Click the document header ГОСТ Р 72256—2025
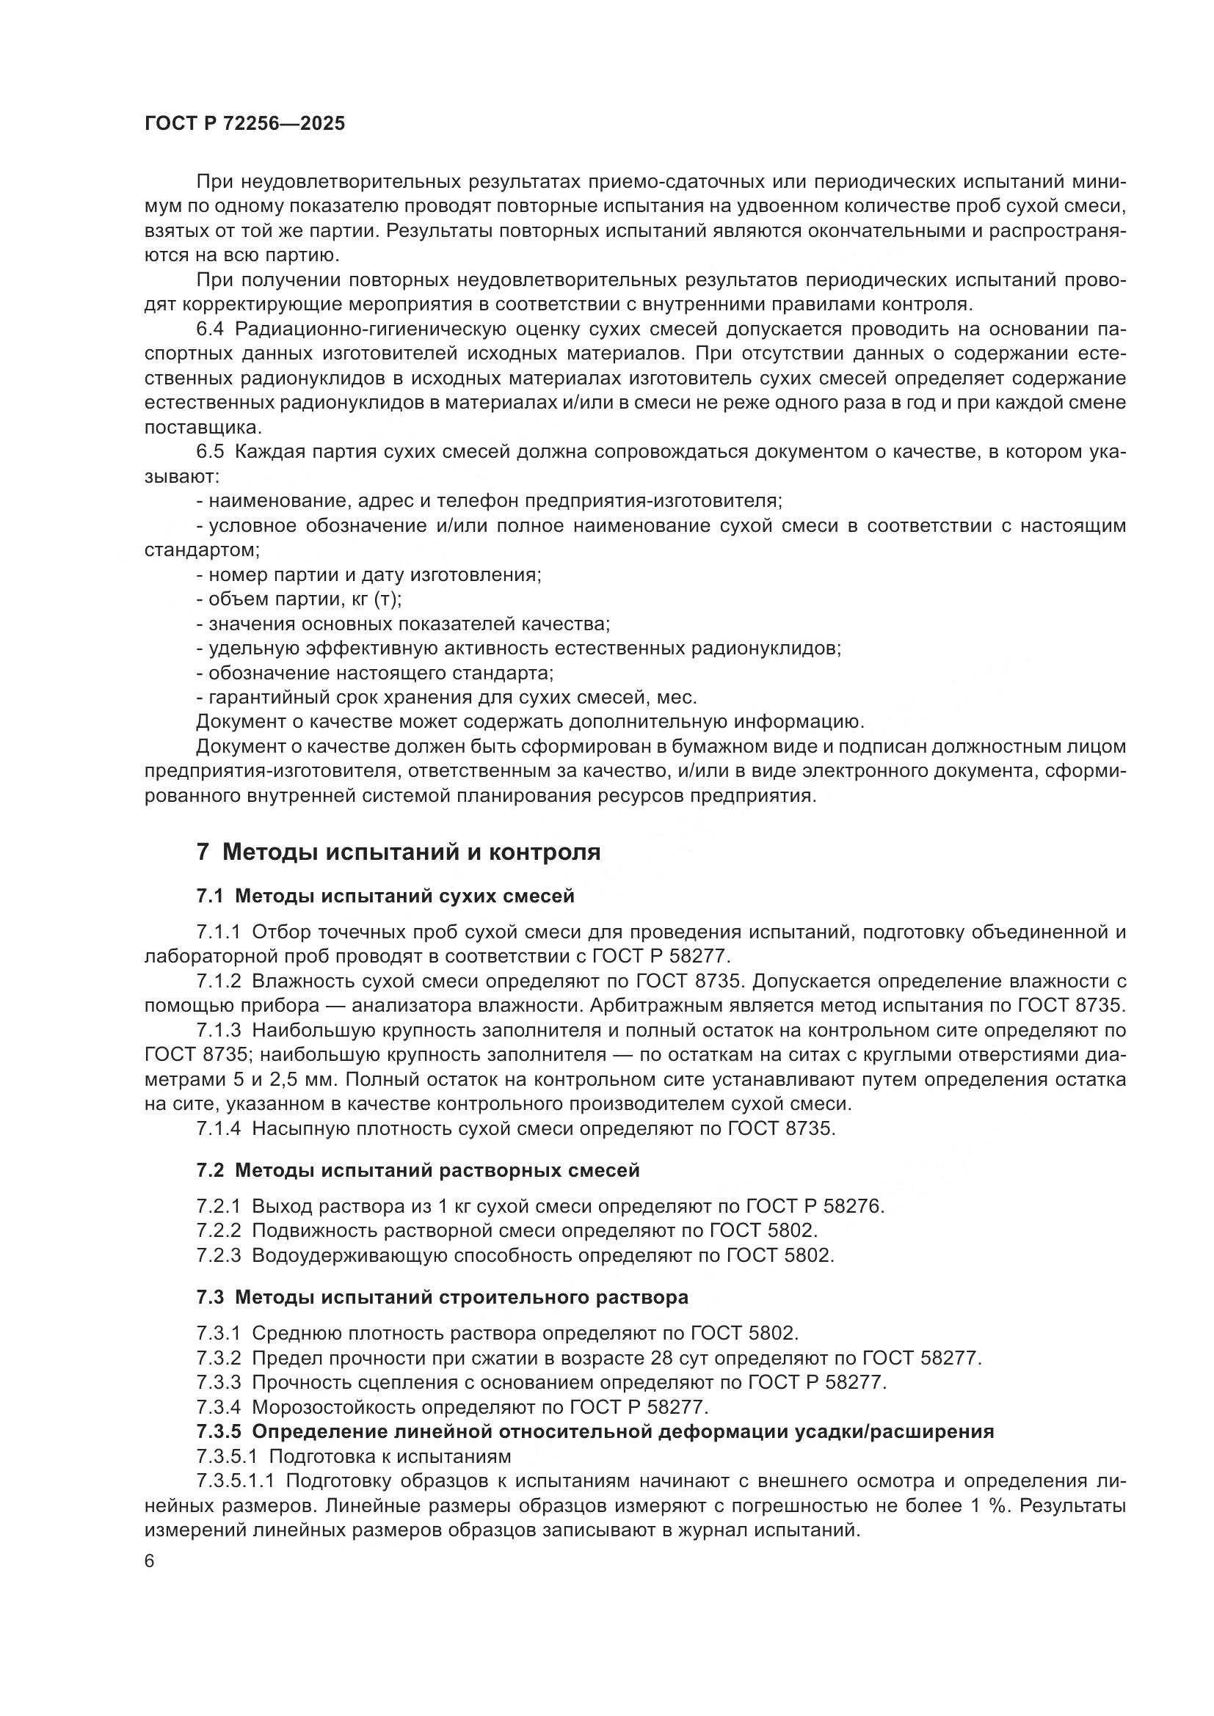(x=244, y=124)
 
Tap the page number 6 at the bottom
(x=150, y=1561)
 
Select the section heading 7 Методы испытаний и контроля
(x=399, y=852)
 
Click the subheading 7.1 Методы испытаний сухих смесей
(x=385, y=895)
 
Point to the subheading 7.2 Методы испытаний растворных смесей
(x=418, y=1170)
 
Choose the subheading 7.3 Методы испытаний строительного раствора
(x=442, y=1298)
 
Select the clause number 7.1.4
(x=218, y=1128)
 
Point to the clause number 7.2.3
(x=218, y=1255)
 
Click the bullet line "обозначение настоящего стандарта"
(x=375, y=673)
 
